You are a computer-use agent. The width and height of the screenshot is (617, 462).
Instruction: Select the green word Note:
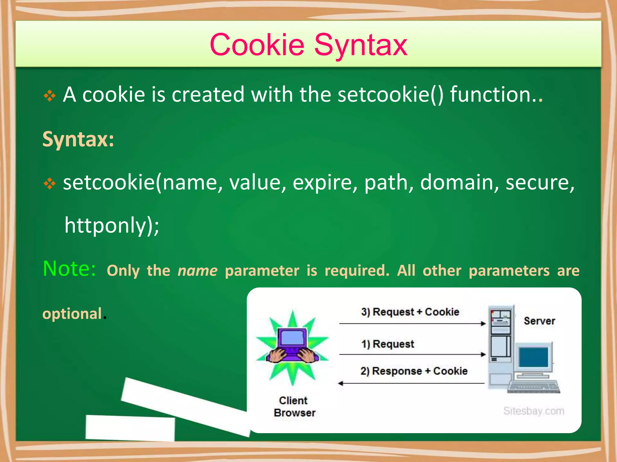pos(70,268)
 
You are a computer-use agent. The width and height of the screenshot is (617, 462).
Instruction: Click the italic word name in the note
pos(197,270)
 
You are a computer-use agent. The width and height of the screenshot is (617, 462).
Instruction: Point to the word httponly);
pos(112,225)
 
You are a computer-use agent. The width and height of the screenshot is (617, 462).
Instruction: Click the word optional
pos(72,314)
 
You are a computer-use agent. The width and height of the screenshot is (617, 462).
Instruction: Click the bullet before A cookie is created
pos(50,96)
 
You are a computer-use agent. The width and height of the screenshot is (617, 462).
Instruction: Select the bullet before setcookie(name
pos(50,183)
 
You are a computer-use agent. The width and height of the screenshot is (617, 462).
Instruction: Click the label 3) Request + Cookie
pos(410,312)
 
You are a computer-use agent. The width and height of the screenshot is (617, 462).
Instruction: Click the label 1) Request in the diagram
pos(388,344)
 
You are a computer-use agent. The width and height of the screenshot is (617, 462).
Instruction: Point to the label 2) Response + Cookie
pos(414,371)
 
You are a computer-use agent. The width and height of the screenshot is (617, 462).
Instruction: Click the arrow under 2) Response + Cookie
pos(411,383)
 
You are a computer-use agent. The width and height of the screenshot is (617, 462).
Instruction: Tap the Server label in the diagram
pos(539,321)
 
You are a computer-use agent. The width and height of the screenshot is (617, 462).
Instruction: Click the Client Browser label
pos(294,407)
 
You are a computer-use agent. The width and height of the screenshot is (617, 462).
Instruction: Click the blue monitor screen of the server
pos(534,357)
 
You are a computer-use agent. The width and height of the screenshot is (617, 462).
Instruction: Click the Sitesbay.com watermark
pos(534,411)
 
